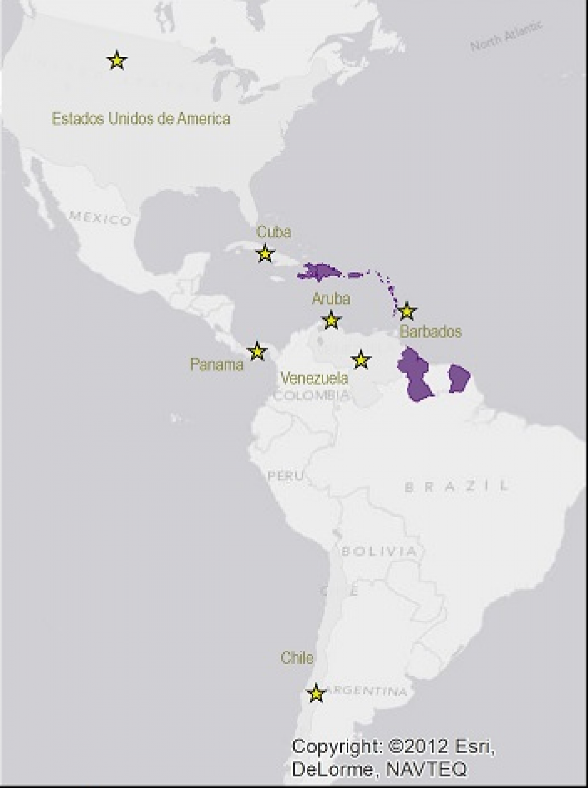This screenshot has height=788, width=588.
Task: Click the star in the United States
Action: (116, 61)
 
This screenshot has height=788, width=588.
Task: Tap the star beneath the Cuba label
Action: (265, 254)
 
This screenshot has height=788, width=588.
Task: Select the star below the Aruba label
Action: (331, 321)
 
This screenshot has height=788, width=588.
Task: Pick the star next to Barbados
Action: (407, 311)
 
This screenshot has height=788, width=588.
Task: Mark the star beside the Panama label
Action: (257, 351)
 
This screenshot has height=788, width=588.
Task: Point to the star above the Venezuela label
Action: (361, 359)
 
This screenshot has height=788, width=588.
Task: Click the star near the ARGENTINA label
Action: (316, 693)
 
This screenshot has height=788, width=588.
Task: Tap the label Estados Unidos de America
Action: (141, 118)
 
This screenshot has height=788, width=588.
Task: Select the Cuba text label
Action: (274, 232)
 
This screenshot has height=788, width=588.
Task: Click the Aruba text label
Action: (331, 299)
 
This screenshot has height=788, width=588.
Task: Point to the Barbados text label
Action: (431, 332)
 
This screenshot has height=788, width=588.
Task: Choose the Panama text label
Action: (216, 365)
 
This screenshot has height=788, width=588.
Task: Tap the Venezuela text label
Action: (314, 378)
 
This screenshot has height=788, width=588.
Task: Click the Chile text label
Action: (297, 657)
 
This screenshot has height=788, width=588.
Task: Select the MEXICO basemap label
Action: (100, 218)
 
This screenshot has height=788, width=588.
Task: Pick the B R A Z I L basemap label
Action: (457, 486)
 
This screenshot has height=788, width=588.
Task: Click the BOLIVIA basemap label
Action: (378, 551)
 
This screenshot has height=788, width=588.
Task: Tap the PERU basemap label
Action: (286, 476)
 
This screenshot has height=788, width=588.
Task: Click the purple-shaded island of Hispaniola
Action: (320, 272)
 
